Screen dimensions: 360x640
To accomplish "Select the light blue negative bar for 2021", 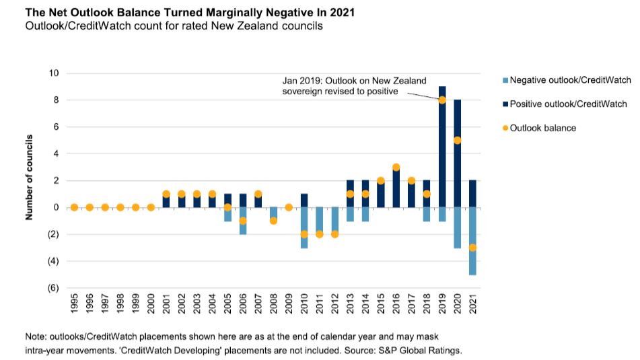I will pyautogui.click(x=472, y=241).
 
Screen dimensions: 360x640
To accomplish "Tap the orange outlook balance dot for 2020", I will pyautogui.click(x=457, y=141).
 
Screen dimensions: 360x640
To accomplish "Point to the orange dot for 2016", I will pyautogui.click(x=396, y=167).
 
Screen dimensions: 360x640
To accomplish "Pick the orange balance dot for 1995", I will pyautogui.click(x=74, y=207).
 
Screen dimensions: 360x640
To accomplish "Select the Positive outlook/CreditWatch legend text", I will pyautogui.click(x=568, y=104).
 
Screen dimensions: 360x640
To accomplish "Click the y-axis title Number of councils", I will pyautogui.click(x=30, y=180).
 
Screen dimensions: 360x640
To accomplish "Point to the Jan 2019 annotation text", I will pyautogui.click(x=354, y=85).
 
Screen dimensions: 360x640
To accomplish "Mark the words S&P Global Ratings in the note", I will pyautogui.click(x=422, y=351).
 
